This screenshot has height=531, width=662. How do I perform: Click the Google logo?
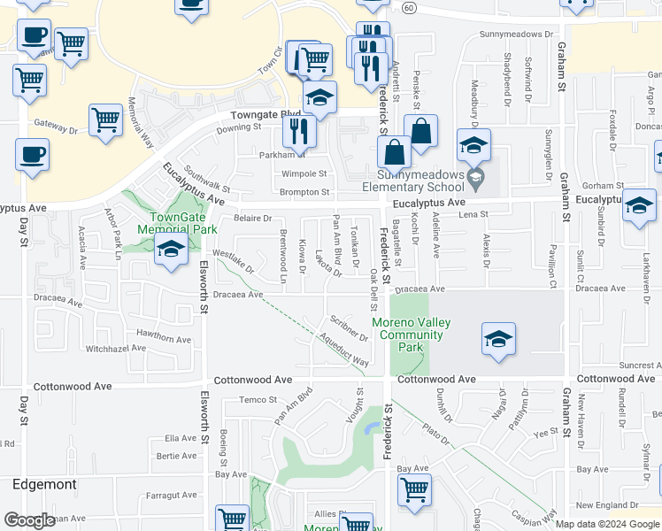(29, 520)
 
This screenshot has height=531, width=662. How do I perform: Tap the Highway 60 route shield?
(408, 7)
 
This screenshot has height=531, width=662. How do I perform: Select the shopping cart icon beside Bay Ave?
(414, 489)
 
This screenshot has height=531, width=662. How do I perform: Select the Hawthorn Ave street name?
(164, 339)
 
